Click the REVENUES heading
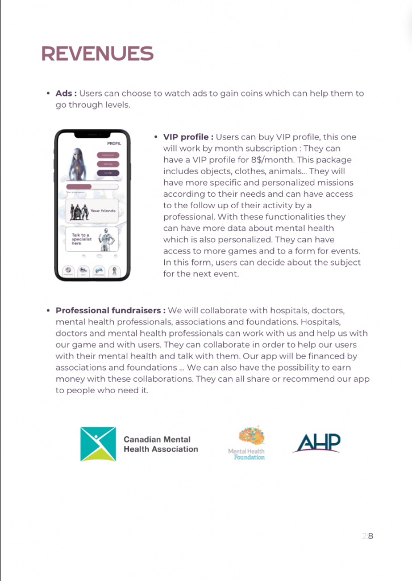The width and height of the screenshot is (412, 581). [x=97, y=53]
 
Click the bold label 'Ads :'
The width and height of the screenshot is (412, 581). [x=66, y=94]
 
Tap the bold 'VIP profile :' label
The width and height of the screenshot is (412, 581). [x=188, y=137]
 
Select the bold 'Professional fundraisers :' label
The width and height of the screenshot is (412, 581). [x=110, y=311]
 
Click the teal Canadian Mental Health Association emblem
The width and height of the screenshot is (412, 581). [x=98, y=444]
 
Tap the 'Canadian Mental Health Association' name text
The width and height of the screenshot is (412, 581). [x=161, y=444]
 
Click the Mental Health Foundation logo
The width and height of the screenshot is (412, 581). [x=247, y=443]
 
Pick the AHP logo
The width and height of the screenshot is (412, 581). [x=317, y=443]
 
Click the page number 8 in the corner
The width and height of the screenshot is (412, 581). [x=370, y=536]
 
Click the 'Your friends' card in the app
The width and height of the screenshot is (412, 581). [x=93, y=211]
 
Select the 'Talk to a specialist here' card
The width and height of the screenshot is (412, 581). [x=93, y=239]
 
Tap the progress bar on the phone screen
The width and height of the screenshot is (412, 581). [x=92, y=187]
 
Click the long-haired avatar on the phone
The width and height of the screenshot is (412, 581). [x=77, y=163]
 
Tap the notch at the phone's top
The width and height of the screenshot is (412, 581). [x=93, y=134]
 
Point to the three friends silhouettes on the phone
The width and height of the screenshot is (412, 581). [x=78, y=212]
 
